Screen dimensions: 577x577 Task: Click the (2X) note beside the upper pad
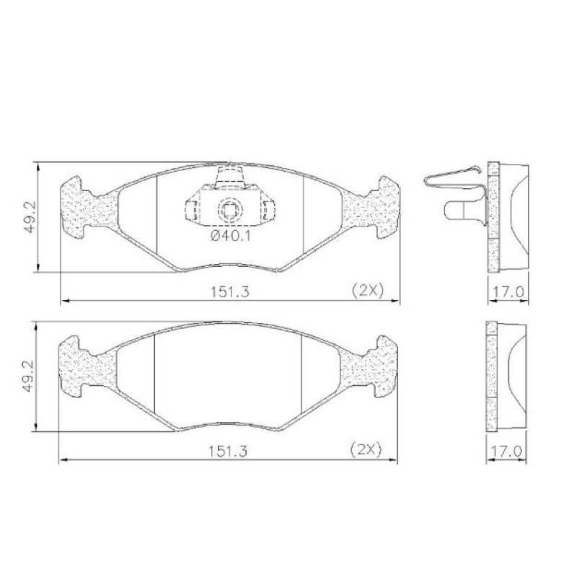tap(366, 290)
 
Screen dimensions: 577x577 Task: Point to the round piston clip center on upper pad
tap(229, 210)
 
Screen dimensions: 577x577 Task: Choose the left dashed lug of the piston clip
tap(193, 210)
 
